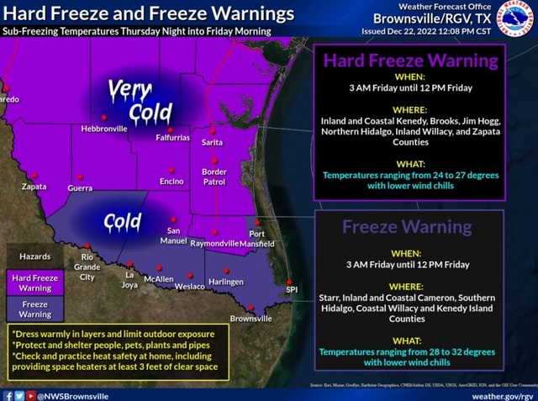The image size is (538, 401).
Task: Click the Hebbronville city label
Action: tap(104, 129)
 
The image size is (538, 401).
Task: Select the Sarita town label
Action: tap(212, 144)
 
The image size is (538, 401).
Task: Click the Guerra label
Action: tap(80, 188)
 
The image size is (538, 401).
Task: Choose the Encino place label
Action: tap(171, 182)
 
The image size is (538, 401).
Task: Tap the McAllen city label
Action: tap(159, 278)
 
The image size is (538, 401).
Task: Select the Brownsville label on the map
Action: tap(251, 319)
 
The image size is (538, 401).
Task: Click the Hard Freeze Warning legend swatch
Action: tap(34, 283)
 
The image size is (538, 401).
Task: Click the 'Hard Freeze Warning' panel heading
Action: tap(410, 61)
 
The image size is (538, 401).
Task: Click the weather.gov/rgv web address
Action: tap(503, 393)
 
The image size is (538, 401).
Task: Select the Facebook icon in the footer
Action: tap(7, 393)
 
